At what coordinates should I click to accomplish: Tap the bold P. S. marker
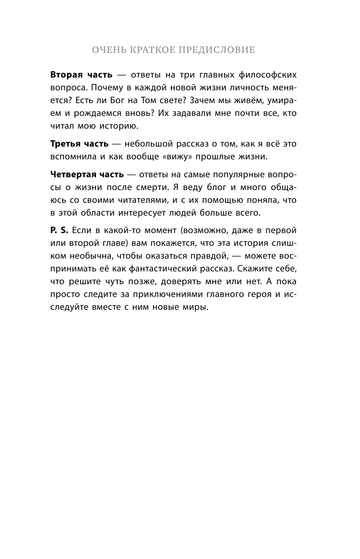(x=59, y=230)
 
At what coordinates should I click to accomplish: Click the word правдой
(x=216, y=256)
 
